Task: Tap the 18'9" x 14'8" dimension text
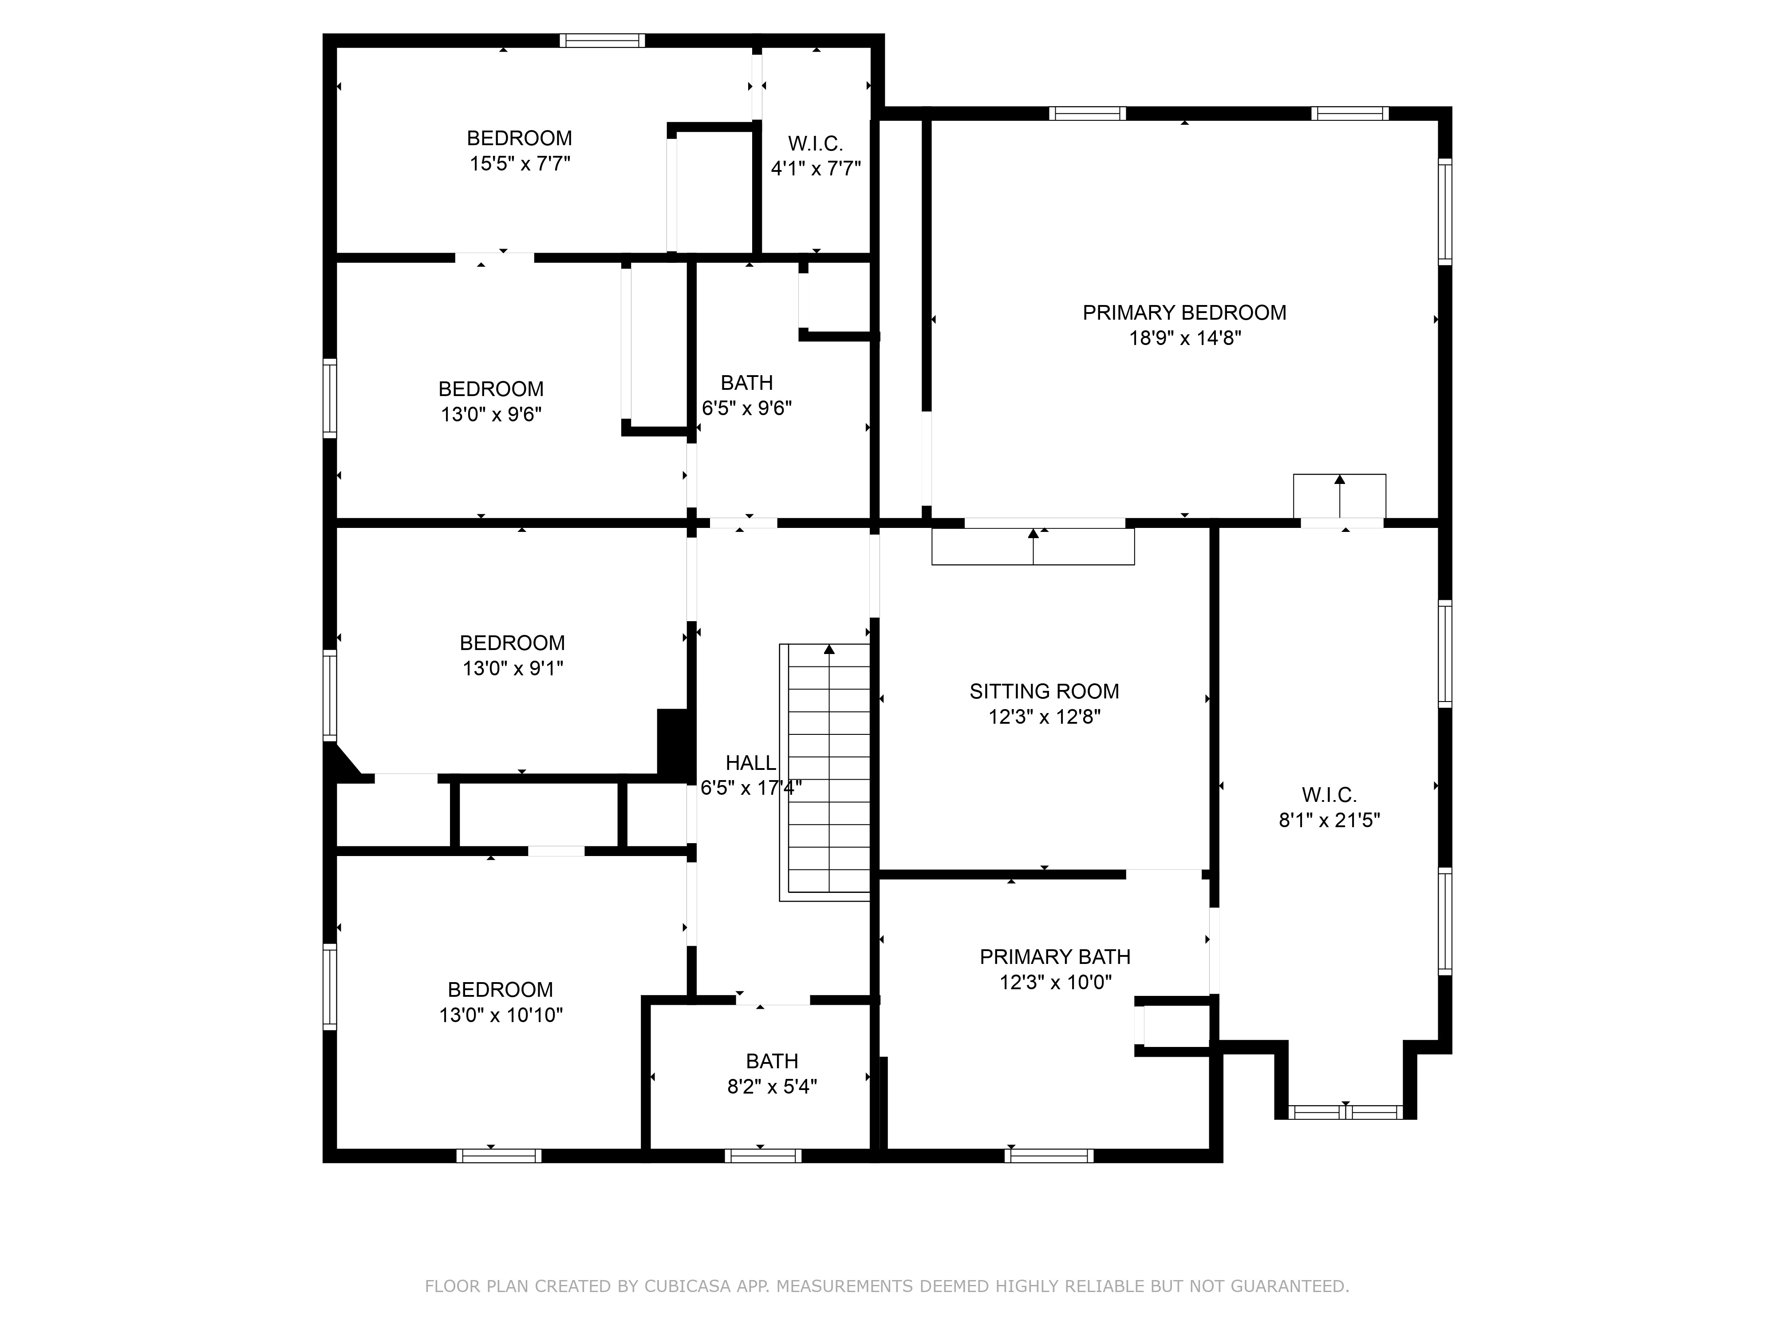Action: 1184,338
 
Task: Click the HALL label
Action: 750,763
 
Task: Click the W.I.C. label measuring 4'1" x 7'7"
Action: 815,144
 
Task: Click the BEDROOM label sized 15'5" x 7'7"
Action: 519,138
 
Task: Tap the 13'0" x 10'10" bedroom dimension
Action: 501,1015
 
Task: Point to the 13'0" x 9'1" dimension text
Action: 513,668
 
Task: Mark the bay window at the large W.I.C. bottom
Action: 1346,1112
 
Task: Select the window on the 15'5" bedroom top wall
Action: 602,40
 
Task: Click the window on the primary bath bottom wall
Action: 1048,1156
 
